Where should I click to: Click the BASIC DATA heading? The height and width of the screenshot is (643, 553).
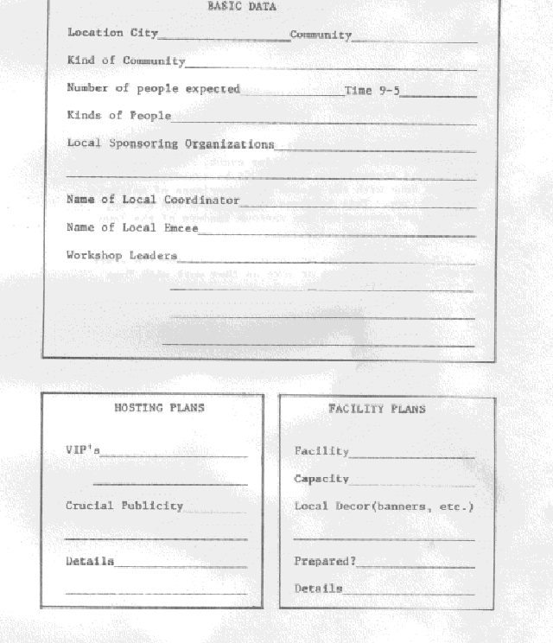coord(241,7)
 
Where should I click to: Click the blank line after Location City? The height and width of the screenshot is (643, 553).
coord(224,38)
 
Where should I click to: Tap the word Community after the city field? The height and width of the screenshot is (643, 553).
coord(321,35)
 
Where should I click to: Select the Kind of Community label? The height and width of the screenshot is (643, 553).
coord(126,61)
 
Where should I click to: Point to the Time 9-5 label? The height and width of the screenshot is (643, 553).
coord(372,90)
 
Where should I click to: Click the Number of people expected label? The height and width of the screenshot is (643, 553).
coord(153,89)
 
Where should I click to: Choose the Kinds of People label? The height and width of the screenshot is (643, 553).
coord(119,116)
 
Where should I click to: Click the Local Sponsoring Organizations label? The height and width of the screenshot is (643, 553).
coord(170,144)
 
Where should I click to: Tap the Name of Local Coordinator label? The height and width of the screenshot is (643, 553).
coord(153,200)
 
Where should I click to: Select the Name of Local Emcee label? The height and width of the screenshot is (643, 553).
coord(132,228)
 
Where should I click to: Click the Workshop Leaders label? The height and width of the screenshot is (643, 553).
coord(122,256)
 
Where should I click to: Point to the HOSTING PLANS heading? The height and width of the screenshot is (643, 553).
coord(159,407)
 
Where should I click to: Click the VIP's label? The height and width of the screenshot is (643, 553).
coord(83,450)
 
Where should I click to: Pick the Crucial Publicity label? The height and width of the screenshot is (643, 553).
coord(124,506)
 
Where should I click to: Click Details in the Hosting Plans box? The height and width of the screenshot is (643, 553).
coord(90,562)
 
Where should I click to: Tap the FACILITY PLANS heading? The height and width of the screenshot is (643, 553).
coord(377,409)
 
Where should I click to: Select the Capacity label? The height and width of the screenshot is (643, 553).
coord(321,479)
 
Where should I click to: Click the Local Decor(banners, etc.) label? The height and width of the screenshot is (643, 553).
coord(384,506)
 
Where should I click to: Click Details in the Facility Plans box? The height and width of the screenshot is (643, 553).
coord(318,589)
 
